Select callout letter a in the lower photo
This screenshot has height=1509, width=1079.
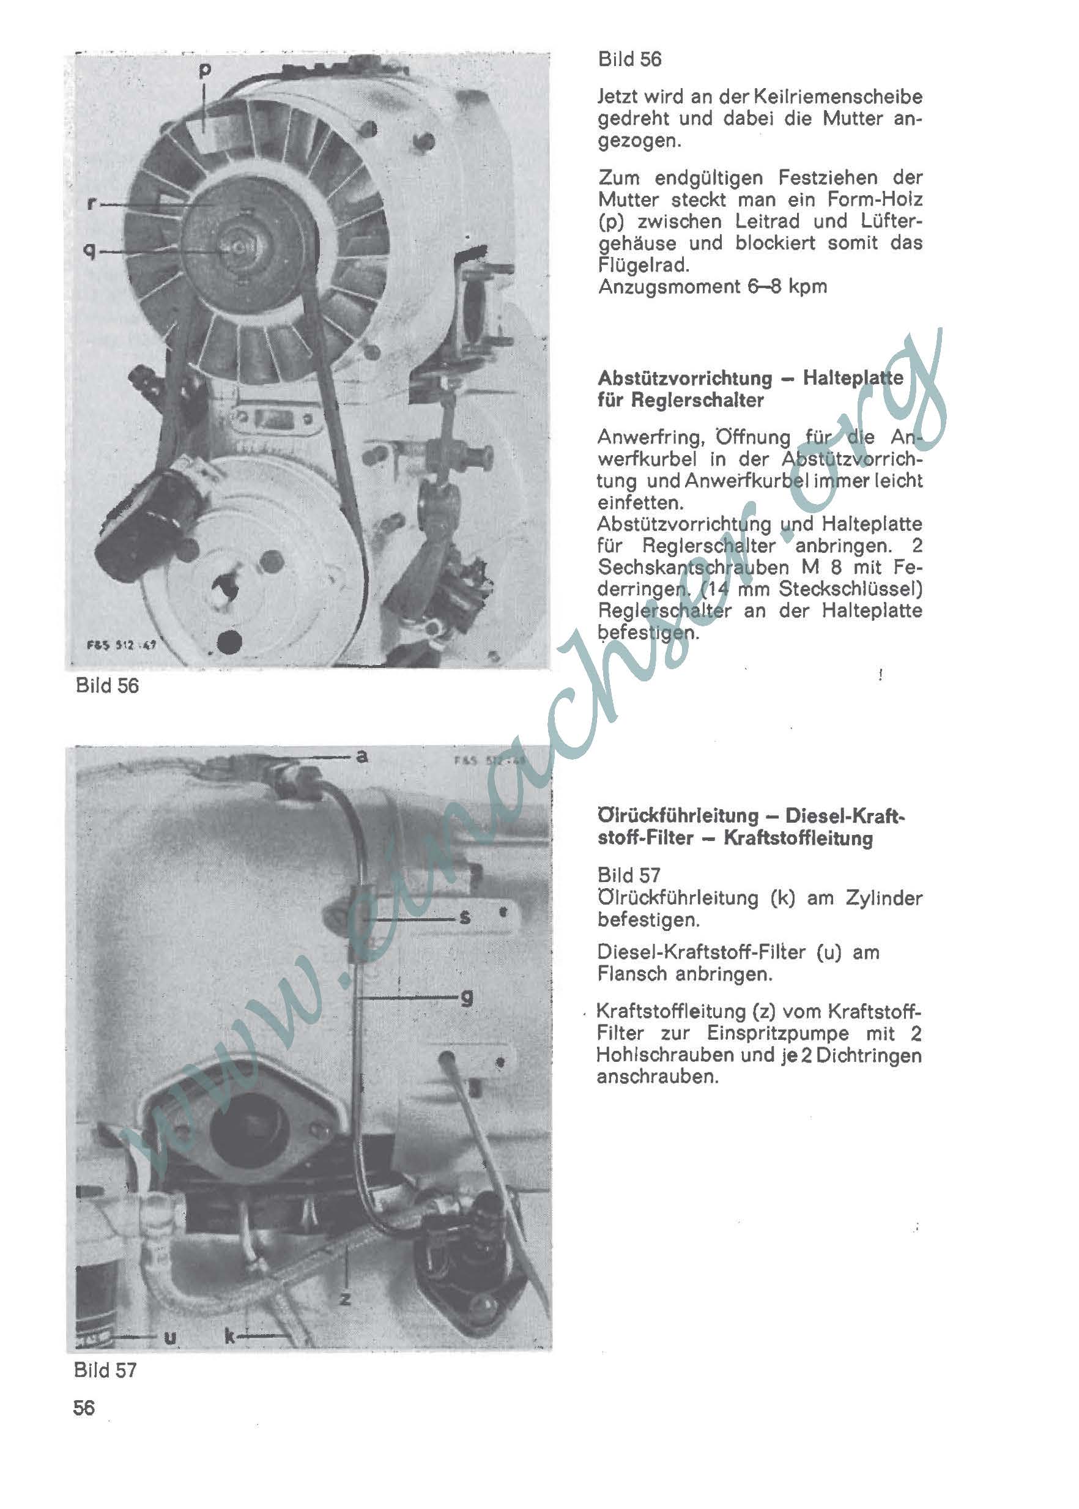tap(362, 755)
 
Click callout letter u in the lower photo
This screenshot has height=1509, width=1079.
tap(170, 1337)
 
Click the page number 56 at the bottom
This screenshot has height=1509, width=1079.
tap(84, 1407)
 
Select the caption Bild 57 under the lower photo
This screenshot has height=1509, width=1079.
tap(105, 1370)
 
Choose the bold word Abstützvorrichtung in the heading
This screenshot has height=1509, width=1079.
tap(685, 379)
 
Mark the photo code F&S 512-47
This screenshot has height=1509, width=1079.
tap(121, 644)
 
